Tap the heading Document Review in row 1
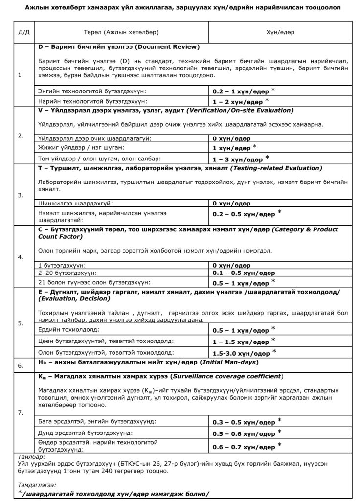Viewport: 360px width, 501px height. click(x=166, y=47)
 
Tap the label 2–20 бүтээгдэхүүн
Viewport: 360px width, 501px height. click(x=67, y=273)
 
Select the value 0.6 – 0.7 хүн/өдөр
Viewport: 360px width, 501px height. click(x=243, y=446)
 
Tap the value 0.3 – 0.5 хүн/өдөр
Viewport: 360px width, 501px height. click(x=243, y=421)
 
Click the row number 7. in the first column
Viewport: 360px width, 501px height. click(x=20, y=413)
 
